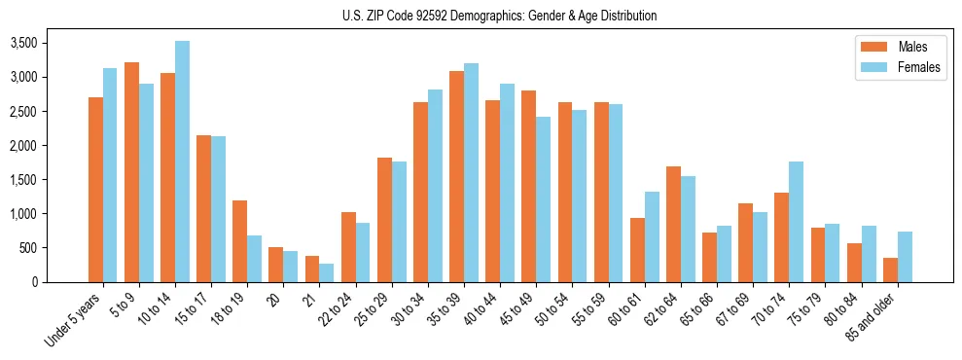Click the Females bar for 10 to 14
[182, 162]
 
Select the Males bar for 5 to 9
[131, 172]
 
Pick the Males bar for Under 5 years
[95, 190]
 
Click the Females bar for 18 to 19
[254, 259]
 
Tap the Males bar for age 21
[312, 270]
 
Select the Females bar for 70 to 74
[796, 222]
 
